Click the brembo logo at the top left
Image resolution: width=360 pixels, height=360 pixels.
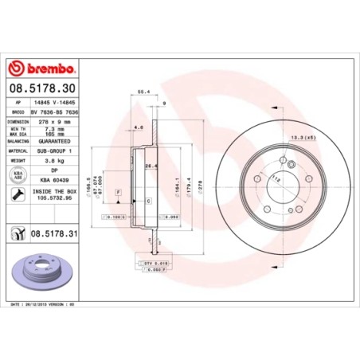click(x=41, y=65)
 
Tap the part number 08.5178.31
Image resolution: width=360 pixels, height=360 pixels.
click(x=56, y=233)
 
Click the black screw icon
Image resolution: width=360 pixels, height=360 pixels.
click(x=17, y=195)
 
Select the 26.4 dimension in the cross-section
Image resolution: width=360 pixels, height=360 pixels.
click(x=149, y=166)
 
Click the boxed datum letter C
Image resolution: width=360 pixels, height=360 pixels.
click(x=148, y=202)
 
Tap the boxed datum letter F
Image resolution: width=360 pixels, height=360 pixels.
click(x=118, y=193)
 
